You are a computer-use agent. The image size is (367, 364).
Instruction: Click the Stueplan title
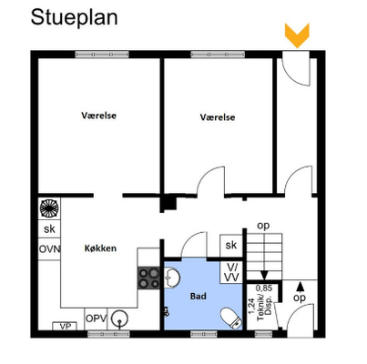click(x=74, y=18)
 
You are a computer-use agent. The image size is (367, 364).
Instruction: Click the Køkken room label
click(x=100, y=248)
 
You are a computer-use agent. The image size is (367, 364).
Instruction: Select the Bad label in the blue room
click(x=199, y=296)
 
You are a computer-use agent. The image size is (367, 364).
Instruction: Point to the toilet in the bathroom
click(x=230, y=318)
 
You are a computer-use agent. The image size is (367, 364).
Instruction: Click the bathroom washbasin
click(x=171, y=278)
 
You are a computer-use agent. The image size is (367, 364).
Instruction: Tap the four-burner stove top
click(x=148, y=278)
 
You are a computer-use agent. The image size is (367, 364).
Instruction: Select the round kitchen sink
click(x=119, y=318)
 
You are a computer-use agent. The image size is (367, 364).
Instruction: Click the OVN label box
click(x=49, y=249)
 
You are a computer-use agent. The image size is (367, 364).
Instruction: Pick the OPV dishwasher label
click(x=96, y=318)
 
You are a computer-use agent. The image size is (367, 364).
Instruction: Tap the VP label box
click(x=65, y=327)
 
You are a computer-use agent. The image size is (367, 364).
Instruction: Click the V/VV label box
click(x=231, y=272)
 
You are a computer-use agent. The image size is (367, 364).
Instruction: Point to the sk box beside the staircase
click(x=231, y=245)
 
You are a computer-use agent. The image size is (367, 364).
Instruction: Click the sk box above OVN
click(x=49, y=229)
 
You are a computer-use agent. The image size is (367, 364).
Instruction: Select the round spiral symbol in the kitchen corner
click(x=49, y=208)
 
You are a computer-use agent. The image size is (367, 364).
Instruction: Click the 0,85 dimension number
click(x=264, y=288)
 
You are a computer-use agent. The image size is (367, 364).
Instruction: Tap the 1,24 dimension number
click(x=251, y=307)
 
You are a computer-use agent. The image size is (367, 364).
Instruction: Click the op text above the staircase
click(x=263, y=226)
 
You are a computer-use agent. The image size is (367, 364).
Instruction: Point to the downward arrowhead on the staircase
click(x=264, y=276)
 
